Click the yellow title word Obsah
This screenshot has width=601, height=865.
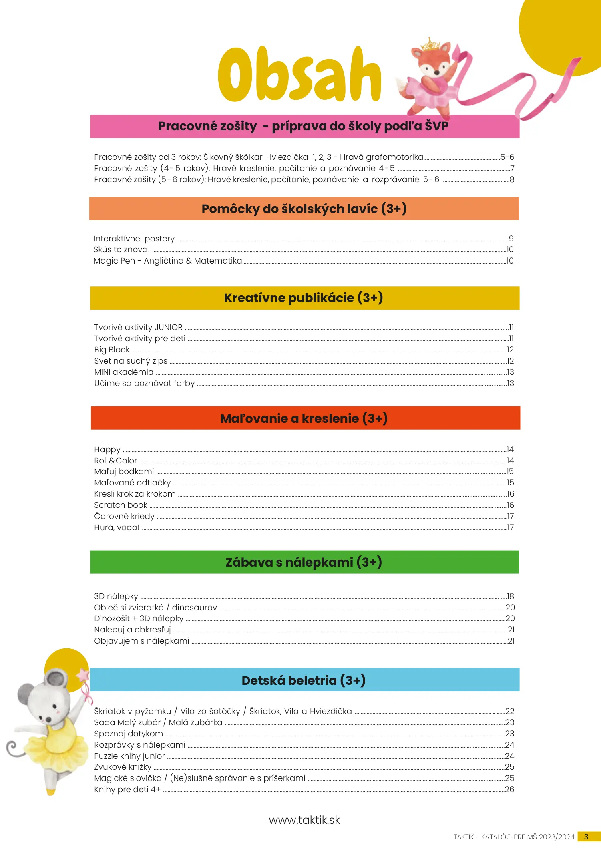coord(299,75)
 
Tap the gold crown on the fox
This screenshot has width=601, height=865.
coord(431,44)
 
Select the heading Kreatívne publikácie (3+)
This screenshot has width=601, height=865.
coord(304,298)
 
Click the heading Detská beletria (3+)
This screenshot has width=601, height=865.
coord(304,680)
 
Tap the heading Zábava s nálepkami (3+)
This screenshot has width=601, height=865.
coord(304,562)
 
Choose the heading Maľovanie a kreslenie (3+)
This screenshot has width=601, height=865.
coord(304,418)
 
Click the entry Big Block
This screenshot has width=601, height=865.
coord(112,350)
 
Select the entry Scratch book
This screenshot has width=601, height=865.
coord(121,505)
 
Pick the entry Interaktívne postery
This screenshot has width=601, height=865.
coord(134,239)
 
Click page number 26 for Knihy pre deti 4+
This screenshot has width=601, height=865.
coord(509,789)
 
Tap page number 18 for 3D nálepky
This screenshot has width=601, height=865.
coord(510,596)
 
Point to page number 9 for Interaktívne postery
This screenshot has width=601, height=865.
coord(511,239)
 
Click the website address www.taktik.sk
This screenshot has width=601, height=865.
coord(304,820)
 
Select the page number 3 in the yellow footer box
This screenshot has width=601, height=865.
coord(586,837)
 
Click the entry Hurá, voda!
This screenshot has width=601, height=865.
coord(117,527)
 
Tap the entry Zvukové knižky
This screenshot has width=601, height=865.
coord(123,767)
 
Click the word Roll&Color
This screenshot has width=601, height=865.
coord(116,461)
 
